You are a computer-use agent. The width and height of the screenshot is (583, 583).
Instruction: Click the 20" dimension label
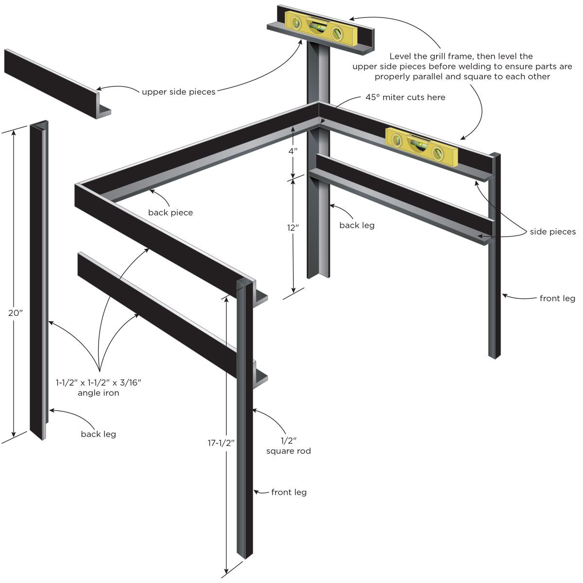click(16, 313)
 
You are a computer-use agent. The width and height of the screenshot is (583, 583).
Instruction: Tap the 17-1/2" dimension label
click(221, 443)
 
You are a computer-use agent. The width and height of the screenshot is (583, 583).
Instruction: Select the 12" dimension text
click(293, 227)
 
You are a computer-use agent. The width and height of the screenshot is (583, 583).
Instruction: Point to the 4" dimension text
click(292, 151)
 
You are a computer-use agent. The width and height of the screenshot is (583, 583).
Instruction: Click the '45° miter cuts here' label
click(405, 97)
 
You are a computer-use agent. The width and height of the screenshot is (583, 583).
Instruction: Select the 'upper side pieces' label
click(178, 91)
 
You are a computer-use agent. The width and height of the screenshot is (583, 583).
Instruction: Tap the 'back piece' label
click(171, 212)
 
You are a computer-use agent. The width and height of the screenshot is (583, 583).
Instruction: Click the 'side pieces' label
click(553, 232)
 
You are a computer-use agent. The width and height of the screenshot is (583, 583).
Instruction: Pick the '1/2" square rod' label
click(288, 446)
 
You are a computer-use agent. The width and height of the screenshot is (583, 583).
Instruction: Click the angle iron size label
click(98, 388)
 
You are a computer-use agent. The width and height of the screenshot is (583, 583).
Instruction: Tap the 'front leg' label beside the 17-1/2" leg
click(289, 492)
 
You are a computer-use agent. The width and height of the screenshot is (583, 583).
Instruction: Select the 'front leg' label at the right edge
click(557, 298)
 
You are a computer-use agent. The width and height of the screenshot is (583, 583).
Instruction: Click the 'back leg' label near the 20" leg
click(98, 434)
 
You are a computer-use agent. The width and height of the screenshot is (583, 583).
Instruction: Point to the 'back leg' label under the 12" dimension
click(357, 225)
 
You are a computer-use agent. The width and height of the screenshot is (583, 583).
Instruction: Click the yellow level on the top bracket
click(321, 28)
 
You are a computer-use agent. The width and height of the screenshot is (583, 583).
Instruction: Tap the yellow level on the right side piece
click(421, 146)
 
